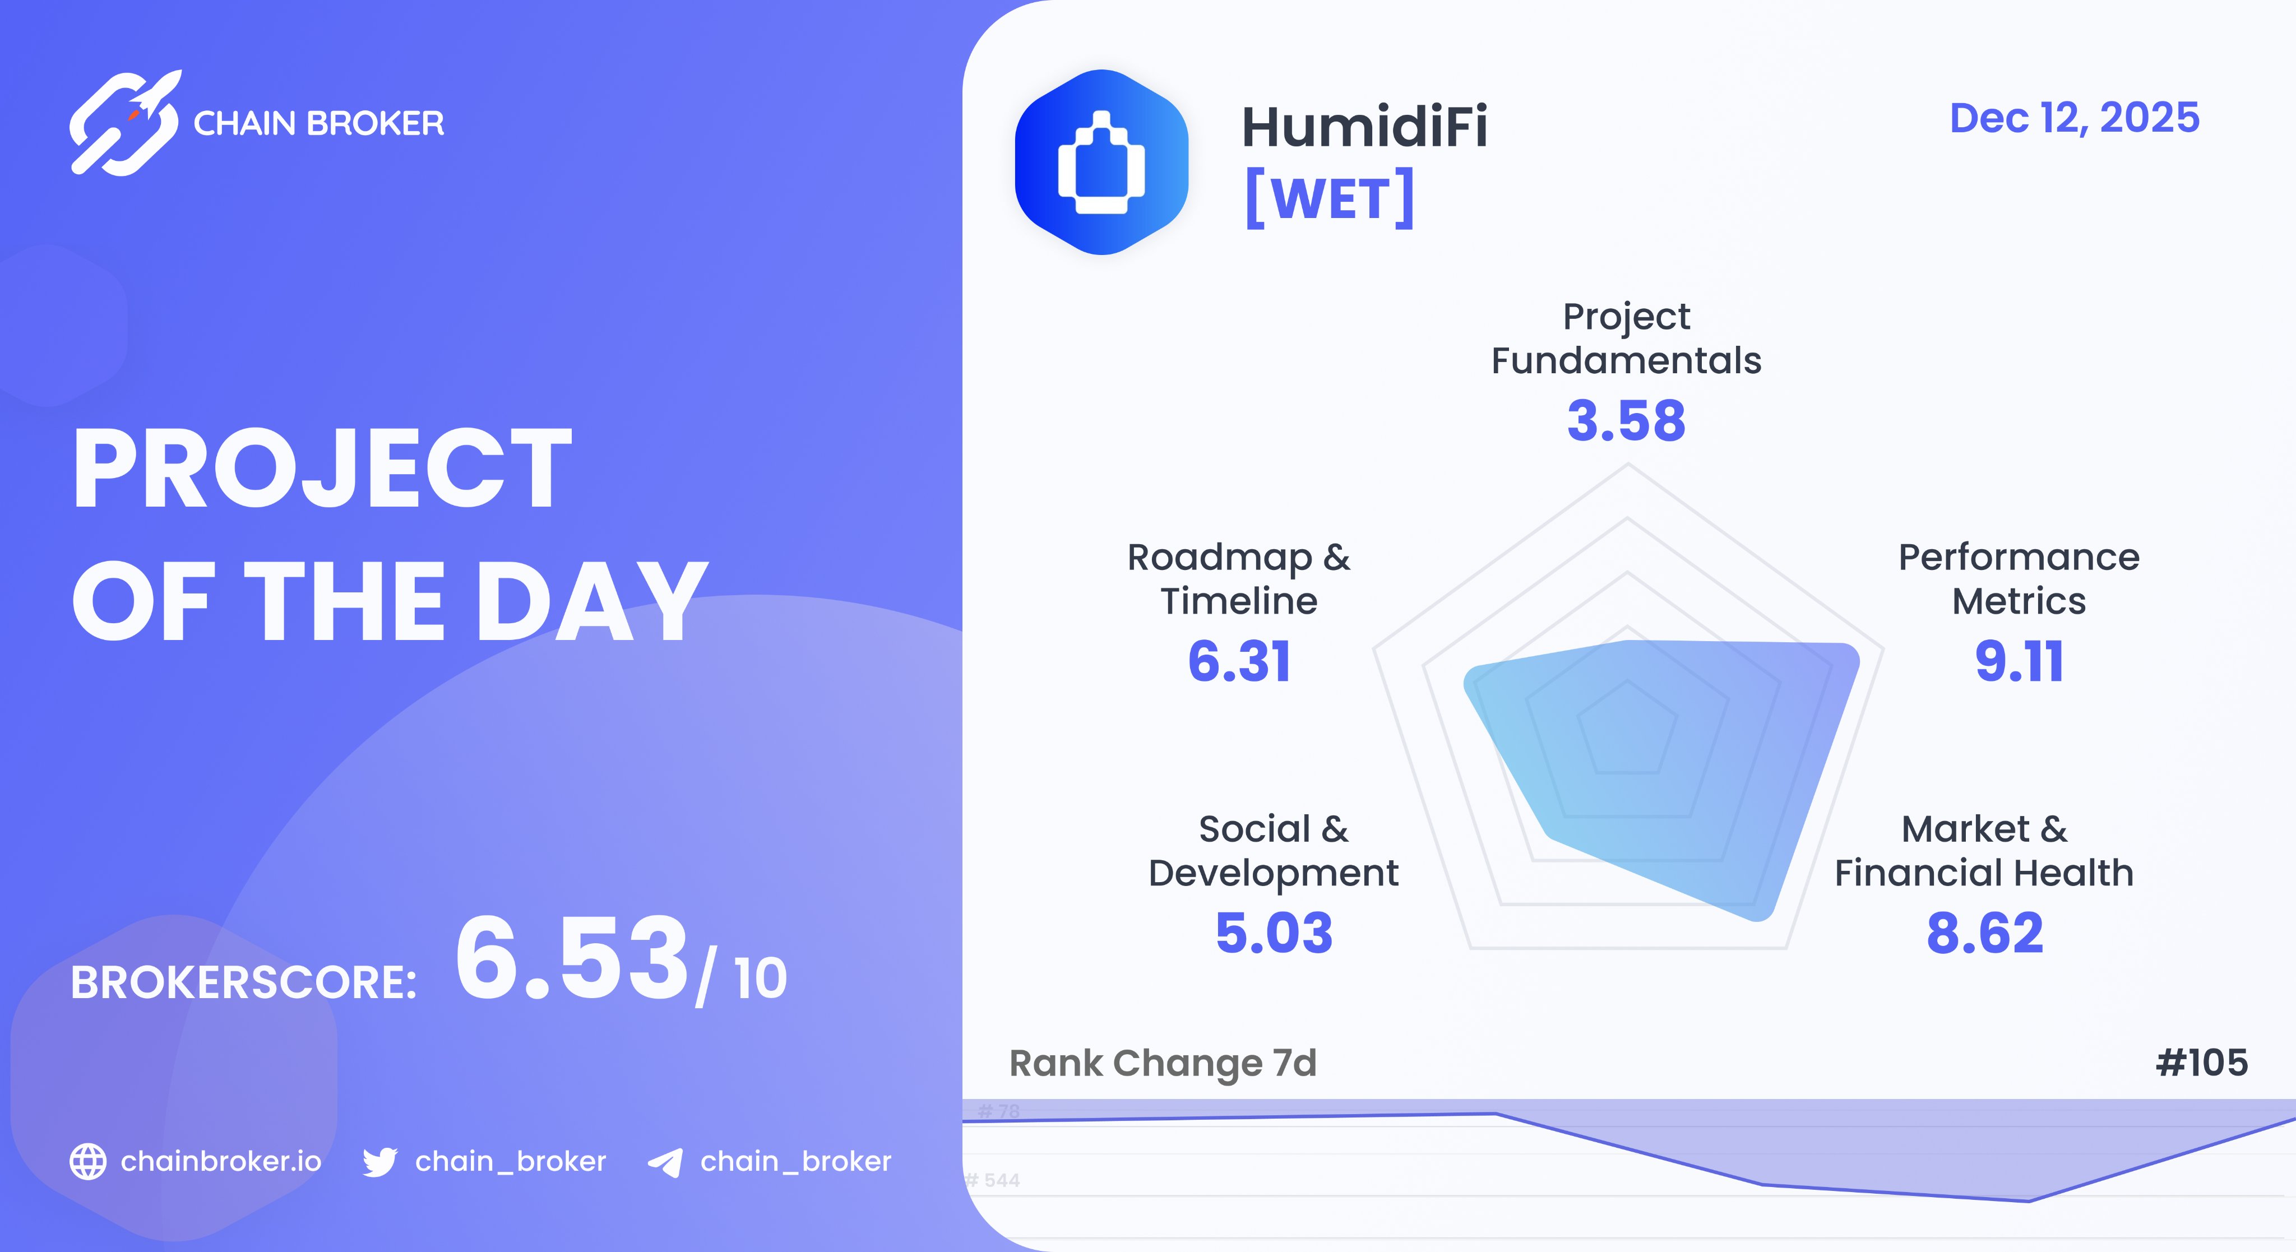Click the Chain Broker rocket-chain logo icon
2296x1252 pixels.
(125, 123)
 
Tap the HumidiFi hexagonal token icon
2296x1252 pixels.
(1101, 162)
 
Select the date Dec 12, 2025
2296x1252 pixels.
(2074, 118)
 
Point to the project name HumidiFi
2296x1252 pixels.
(1364, 127)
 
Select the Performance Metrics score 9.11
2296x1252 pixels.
(2019, 661)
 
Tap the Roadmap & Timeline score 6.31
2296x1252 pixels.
(1239, 661)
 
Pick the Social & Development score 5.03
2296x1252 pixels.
(1274, 933)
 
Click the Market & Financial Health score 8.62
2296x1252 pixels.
(1984, 933)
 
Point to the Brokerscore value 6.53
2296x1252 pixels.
(571, 959)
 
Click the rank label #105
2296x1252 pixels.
(2201, 1062)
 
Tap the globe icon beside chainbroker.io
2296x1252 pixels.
(88, 1161)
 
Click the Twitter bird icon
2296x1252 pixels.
(379, 1162)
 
